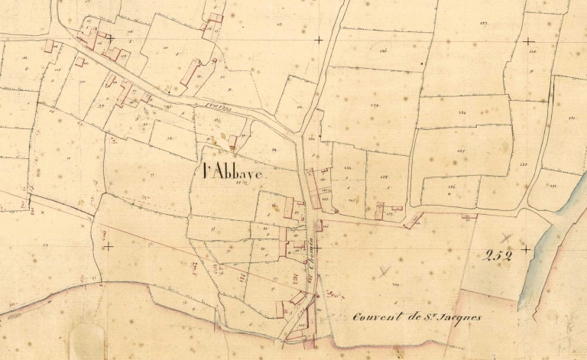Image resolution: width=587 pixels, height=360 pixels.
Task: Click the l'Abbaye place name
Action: pyautogui.click(x=233, y=173)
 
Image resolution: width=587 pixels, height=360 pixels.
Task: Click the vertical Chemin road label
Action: pyautogui.click(x=312, y=264)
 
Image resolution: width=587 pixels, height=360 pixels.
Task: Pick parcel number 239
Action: pyautogui.click(x=374, y=105)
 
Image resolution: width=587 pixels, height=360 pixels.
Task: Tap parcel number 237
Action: pyautogui.click(x=461, y=151)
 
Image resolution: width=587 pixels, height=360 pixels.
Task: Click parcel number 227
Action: pyautogui.click(x=484, y=24)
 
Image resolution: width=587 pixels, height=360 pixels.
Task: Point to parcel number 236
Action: pyautogui.click(x=383, y=50)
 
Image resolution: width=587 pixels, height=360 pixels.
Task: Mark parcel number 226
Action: pyautogui.click(x=532, y=51)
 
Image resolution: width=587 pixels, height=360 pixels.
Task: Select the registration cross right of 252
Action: pyautogui.click(x=526, y=249)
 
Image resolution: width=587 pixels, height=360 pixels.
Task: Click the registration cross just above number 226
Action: pyautogui.click(x=528, y=41)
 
